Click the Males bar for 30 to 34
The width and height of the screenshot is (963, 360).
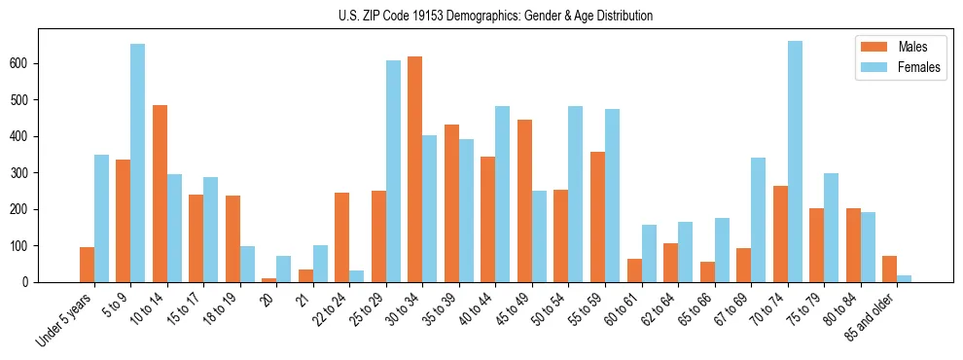click(415, 169)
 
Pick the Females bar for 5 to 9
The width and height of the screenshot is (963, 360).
click(138, 162)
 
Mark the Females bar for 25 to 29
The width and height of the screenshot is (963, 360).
click(393, 171)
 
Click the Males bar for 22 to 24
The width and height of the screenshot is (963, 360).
click(342, 237)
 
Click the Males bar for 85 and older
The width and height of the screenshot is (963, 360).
click(889, 269)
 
